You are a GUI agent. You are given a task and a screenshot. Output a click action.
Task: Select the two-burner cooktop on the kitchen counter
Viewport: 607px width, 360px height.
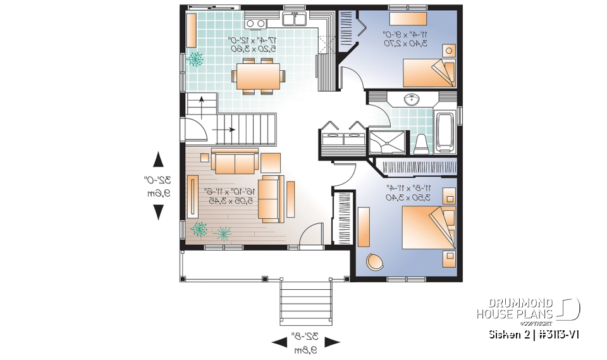point(255,23)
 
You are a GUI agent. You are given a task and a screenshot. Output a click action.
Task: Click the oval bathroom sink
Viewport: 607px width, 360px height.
point(412,99)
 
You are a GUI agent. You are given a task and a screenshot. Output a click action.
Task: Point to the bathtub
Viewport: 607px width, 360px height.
point(445,132)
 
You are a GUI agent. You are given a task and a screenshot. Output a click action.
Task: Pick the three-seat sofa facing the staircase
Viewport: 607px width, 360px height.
point(235,163)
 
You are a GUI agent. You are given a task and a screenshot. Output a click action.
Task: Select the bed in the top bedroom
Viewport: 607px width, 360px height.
point(429,71)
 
